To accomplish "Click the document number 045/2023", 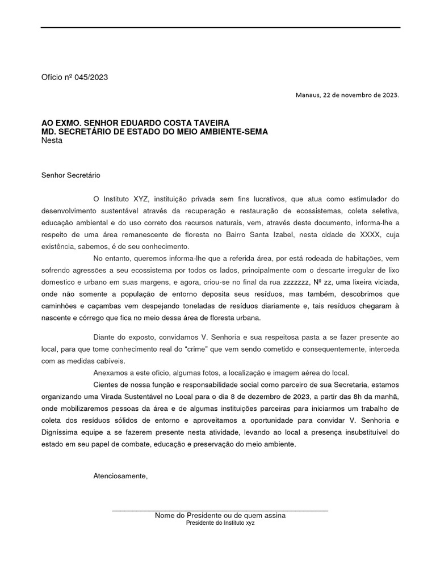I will (x=90, y=78).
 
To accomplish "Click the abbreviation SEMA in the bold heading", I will (x=257, y=132).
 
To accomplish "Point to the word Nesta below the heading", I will (x=52, y=140).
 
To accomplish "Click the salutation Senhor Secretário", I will (x=70, y=176).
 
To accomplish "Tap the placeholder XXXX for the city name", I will (x=360, y=235).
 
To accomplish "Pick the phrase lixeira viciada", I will (x=375, y=283).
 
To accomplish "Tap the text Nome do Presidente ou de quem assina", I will (x=220, y=515).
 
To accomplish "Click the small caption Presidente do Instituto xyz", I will (x=220, y=523).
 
